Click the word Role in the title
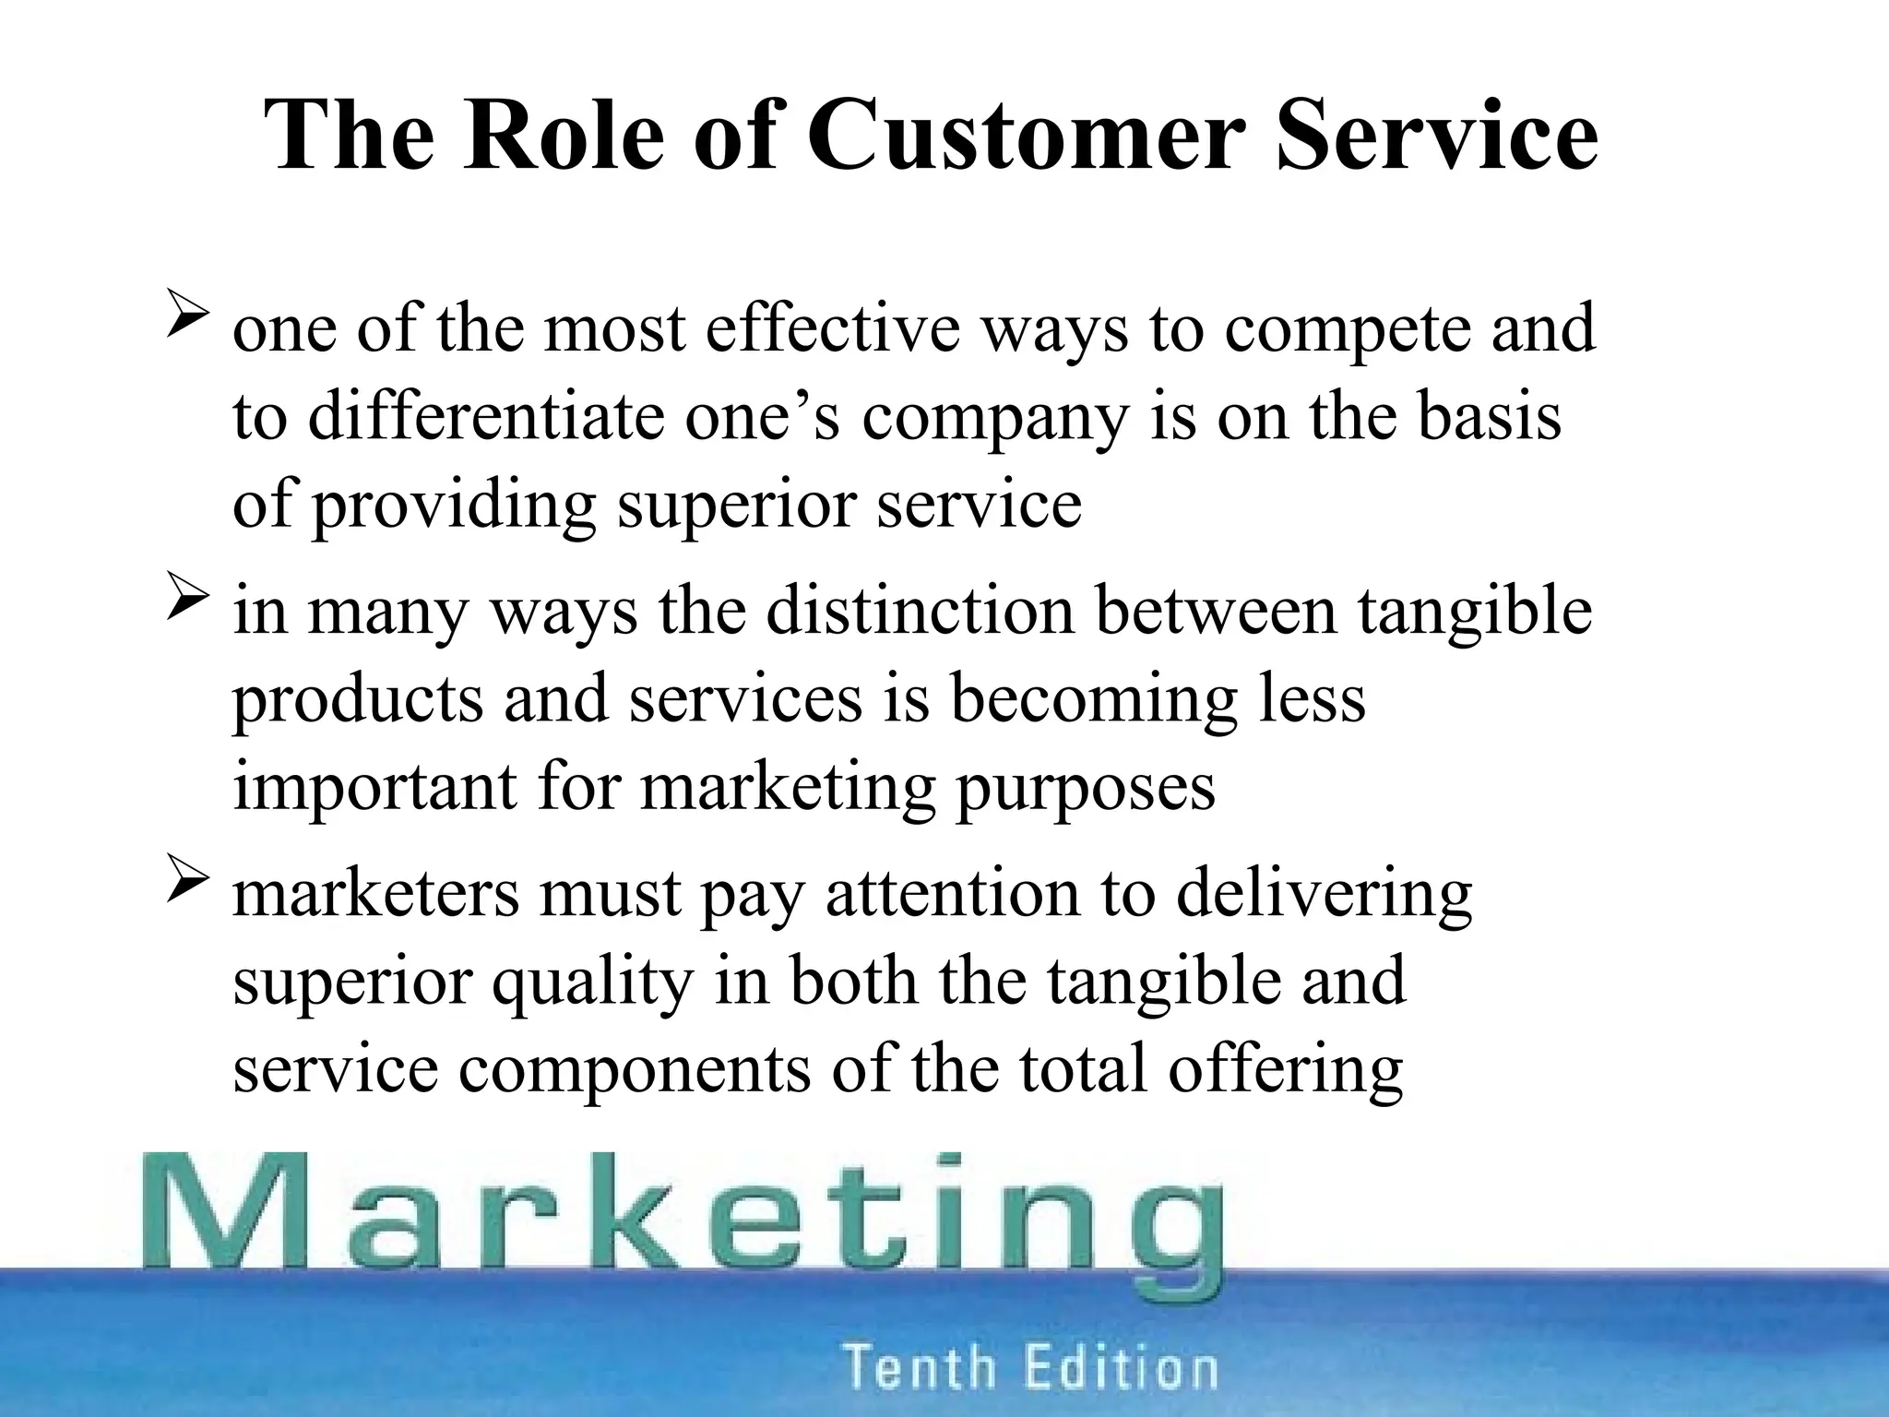pos(564,136)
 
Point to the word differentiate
pos(486,417)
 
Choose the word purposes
pos(1085,790)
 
